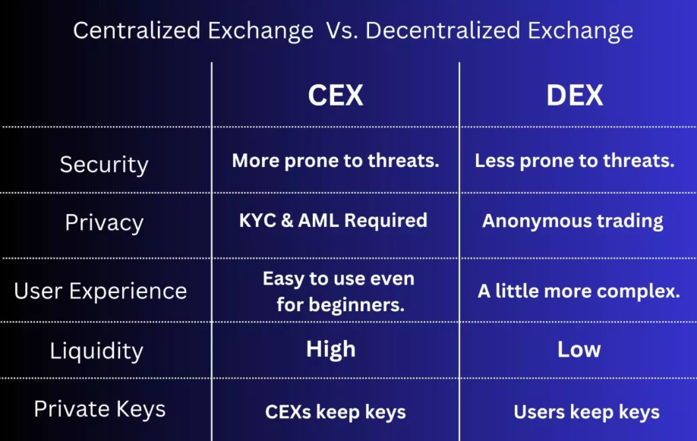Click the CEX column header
pyautogui.click(x=336, y=96)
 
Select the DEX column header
pyautogui.click(x=575, y=96)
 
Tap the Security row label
pyautogui.click(x=104, y=165)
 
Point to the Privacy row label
pyautogui.click(x=104, y=222)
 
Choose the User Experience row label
pyautogui.click(x=100, y=291)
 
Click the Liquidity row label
pyautogui.click(x=96, y=351)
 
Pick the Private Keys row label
pyautogui.click(x=99, y=409)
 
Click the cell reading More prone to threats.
pyautogui.click(x=336, y=161)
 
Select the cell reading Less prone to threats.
pyautogui.click(x=575, y=161)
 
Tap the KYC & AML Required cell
pyautogui.click(x=333, y=221)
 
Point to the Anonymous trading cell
pyautogui.click(x=572, y=222)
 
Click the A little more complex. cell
pyautogui.click(x=579, y=291)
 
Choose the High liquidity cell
pyautogui.click(x=331, y=349)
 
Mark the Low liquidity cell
pyautogui.click(x=579, y=349)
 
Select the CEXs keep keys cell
pyautogui.click(x=336, y=413)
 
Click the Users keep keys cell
pyautogui.click(x=586, y=413)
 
